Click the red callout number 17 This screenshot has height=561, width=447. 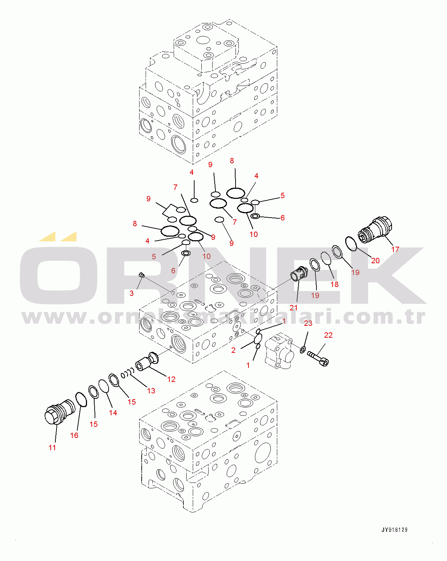(x=395, y=250)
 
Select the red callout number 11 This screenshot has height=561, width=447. (x=52, y=448)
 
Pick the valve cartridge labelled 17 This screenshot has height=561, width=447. (x=375, y=230)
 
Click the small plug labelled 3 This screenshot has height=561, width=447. (x=142, y=275)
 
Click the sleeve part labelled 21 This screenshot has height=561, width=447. (x=299, y=274)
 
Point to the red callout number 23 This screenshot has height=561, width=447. (x=308, y=323)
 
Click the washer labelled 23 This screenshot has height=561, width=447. (x=303, y=350)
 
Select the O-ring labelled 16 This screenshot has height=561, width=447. (x=81, y=400)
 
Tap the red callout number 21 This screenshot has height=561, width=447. (x=293, y=307)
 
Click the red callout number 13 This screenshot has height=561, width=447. (x=151, y=391)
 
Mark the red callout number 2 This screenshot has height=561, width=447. (x=233, y=350)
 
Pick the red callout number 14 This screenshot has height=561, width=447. (x=113, y=412)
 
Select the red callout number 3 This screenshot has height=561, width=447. (x=132, y=293)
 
